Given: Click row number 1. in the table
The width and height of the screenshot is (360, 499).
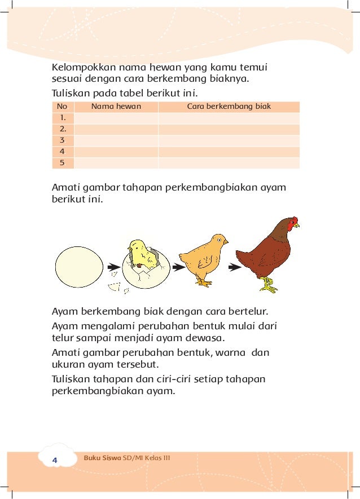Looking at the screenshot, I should [62, 118].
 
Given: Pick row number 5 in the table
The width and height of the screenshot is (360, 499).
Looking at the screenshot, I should [62, 163].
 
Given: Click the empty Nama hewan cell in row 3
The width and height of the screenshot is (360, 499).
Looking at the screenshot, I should [116, 140].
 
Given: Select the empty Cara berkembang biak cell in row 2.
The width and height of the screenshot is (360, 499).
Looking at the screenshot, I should [229, 129].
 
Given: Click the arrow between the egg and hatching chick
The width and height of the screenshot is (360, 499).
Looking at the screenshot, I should [113, 267].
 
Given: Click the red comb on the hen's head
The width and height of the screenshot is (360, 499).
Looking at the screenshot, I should [293, 223].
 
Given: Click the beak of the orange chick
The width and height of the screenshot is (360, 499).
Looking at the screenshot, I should [226, 242].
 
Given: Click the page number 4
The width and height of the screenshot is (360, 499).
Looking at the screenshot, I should [55, 460].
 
